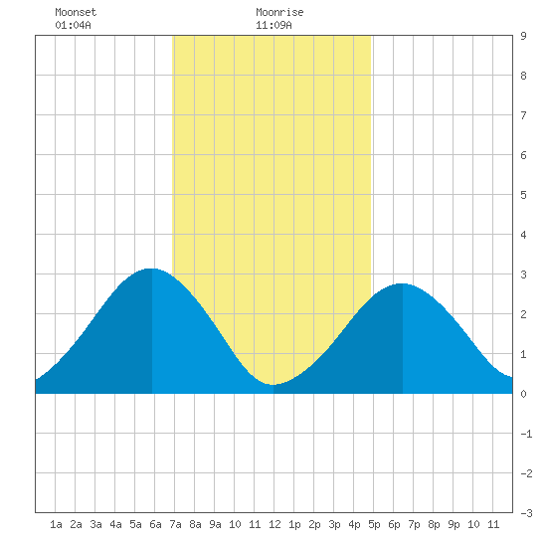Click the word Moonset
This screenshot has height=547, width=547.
(x=76, y=12)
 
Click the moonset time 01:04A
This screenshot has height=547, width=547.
(x=73, y=25)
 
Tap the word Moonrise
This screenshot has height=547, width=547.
(x=279, y=12)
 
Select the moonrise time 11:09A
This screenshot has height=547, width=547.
(x=273, y=25)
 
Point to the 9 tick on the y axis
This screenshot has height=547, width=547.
(x=523, y=36)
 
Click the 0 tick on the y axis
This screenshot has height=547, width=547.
(x=523, y=394)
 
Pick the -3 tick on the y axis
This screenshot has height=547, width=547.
(x=526, y=513)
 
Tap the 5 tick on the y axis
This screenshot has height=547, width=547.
(x=523, y=195)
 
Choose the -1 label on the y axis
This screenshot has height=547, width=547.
(x=526, y=434)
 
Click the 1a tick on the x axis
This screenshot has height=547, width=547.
(x=56, y=524)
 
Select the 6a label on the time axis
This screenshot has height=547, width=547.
(x=155, y=524)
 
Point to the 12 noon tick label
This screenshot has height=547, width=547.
(x=274, y=524)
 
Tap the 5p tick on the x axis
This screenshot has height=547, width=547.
(x=374, y=524)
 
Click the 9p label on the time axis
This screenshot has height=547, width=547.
(x=454, y=524)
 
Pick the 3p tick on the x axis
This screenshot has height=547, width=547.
(x=334, y=524)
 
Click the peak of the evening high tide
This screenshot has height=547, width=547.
(x=402, y=283)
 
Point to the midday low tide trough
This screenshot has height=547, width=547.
(x=273, y=385)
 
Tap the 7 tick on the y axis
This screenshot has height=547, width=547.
(x=523, y=115)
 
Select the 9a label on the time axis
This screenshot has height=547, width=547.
(x=215, y=524)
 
